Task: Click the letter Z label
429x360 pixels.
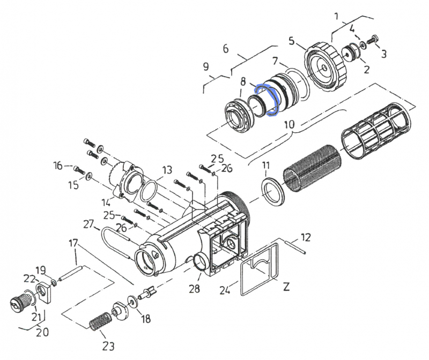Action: (286, 287)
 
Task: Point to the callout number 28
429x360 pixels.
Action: (194, 289)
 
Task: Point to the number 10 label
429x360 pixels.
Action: (289, 124)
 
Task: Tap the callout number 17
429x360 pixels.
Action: (73, 244)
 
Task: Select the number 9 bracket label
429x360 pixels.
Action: (206, 67)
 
